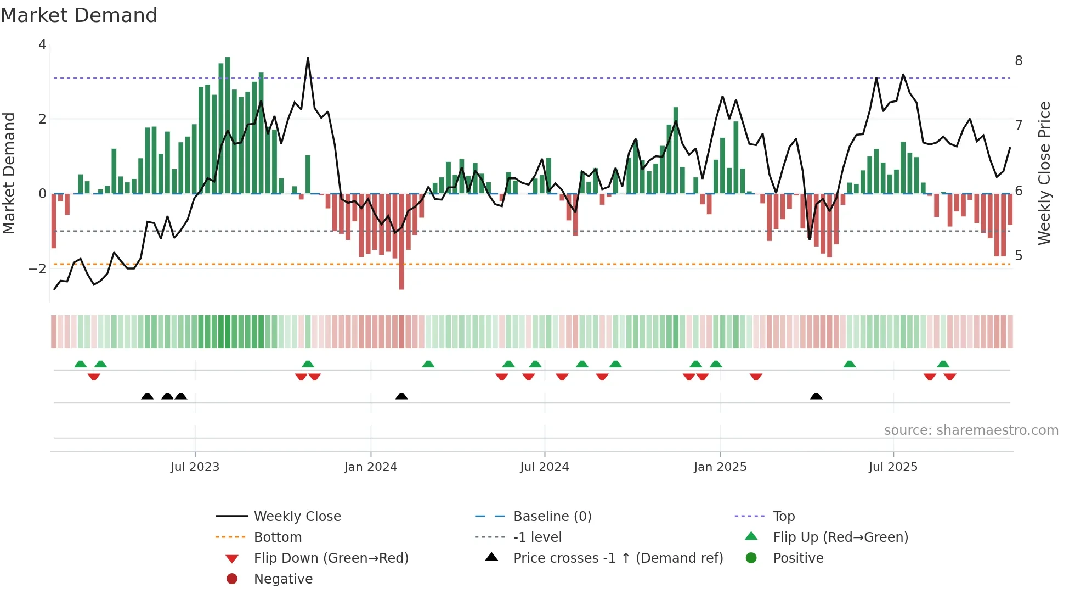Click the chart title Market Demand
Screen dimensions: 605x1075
[79, 15]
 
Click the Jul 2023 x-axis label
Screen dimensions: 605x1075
[195, 467]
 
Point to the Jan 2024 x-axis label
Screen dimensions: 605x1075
[370, 467]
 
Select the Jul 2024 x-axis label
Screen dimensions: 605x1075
[544, 467]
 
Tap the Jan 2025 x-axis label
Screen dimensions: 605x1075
[720, 467]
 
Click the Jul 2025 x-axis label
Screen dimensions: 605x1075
[893, 467]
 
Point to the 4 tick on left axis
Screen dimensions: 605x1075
[42, 44]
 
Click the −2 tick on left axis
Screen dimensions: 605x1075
[37, 269]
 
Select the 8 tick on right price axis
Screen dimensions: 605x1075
[1019, 61]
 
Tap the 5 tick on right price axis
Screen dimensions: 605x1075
[1019, 256]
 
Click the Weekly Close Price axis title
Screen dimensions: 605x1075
[1044, 173]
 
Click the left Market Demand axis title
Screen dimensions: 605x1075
[9, 173]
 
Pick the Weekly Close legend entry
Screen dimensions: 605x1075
[297, 517]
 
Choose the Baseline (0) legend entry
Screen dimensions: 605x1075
[552, 517]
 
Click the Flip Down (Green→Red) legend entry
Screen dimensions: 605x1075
[331, 558]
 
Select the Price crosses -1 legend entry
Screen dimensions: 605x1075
[618, 558]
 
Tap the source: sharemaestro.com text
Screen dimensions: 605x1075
[971, 430]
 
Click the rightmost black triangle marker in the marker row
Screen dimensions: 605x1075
[816, 396]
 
